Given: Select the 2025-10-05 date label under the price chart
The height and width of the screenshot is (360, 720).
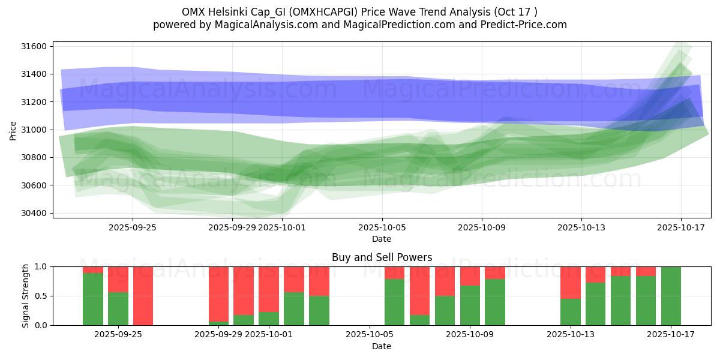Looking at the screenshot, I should click(382, 228).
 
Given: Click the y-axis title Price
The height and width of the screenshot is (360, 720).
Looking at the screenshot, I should click(13, 130).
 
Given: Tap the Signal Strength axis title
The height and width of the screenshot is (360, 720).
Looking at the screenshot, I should click(25, 296).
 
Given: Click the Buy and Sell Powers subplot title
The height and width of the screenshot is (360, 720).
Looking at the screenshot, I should click(382, 258).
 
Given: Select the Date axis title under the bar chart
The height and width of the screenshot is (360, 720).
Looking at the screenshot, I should click(382, 346).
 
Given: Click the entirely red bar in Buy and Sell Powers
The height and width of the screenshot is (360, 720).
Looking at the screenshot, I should click(143, 296).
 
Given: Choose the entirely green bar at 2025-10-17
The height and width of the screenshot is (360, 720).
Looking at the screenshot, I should click(671, 296).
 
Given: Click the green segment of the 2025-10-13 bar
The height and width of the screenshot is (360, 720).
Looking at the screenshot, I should click(570, 312).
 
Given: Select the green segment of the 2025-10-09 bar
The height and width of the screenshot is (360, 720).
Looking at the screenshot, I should click(470, 305).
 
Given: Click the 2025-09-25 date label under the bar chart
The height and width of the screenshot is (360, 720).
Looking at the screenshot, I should click(118, 334).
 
